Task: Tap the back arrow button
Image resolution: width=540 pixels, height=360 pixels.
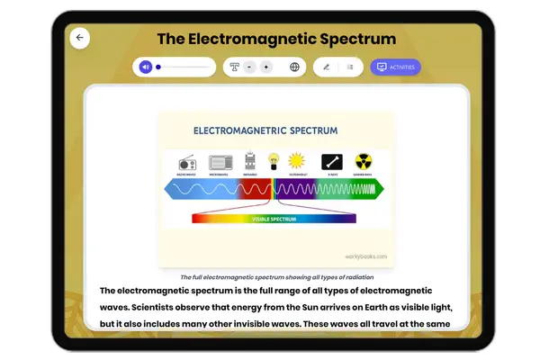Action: (x=80, y=38)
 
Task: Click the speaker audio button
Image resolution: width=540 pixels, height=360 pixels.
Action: (x=145, y=67)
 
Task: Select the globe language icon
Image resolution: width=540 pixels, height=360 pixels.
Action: (x=294, y=67)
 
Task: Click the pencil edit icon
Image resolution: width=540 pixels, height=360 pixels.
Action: (x=326, y=67)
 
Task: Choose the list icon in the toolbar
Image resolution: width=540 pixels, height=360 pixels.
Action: (x=350, y=67)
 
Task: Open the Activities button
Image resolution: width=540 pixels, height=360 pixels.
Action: (x=395, y=67)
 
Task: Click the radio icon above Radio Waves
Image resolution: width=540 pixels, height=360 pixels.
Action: (x=188, y=163)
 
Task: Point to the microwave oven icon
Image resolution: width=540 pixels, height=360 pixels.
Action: (x=220, y=162)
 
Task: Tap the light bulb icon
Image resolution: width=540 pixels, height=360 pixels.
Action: (x=272, y=161)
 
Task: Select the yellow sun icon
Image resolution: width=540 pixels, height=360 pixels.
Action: (x=296, y=161)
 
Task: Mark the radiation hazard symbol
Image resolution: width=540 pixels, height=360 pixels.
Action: (x=363, y=161)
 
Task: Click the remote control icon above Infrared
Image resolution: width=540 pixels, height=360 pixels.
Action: (x=251, y=162)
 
